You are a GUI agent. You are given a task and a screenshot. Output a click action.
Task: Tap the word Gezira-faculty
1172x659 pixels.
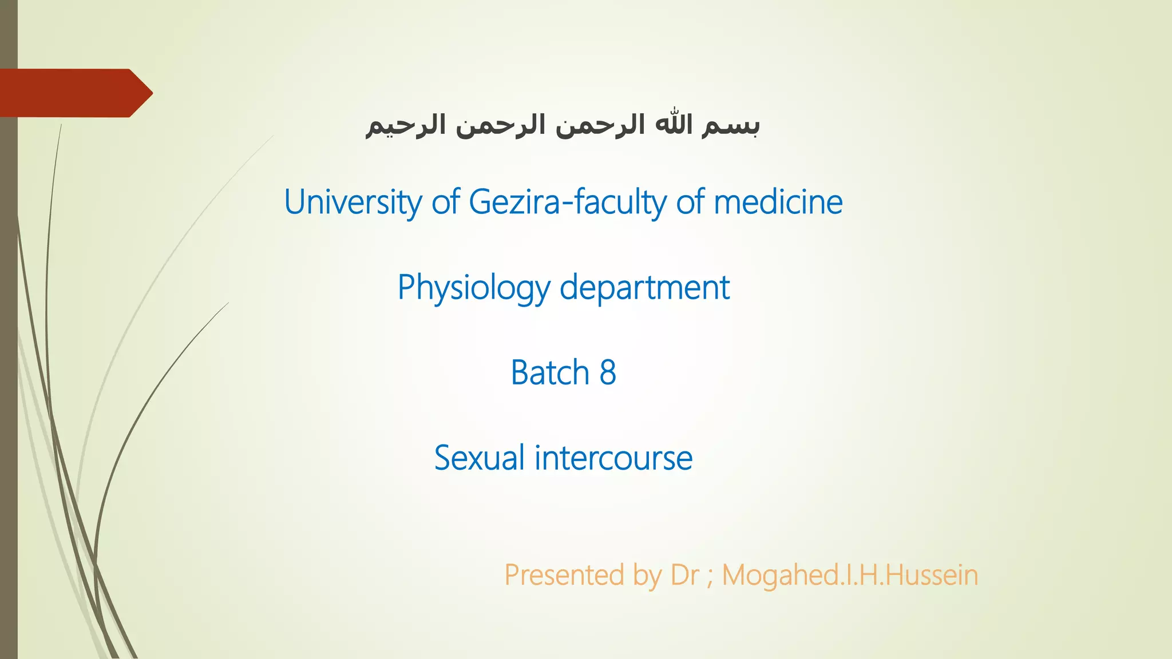(569, 203)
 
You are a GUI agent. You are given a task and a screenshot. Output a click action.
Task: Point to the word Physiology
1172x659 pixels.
(474, 288)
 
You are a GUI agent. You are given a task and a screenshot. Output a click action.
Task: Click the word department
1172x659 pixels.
(644, 288)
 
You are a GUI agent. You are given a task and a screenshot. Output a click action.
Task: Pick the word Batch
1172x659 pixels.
(550, 373)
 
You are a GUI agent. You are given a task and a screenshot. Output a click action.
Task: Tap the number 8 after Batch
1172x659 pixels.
(608, 373)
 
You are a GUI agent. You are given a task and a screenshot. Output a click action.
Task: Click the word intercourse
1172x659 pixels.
(613, 458)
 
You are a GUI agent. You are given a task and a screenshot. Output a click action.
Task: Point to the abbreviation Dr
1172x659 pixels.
(684, 575)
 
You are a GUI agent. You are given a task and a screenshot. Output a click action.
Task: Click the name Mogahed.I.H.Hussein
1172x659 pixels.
(850, 575)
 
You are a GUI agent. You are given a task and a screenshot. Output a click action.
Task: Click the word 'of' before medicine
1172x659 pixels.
(690, 203)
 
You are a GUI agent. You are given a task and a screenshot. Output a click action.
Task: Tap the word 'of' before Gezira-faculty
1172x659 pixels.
(446, 203)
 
